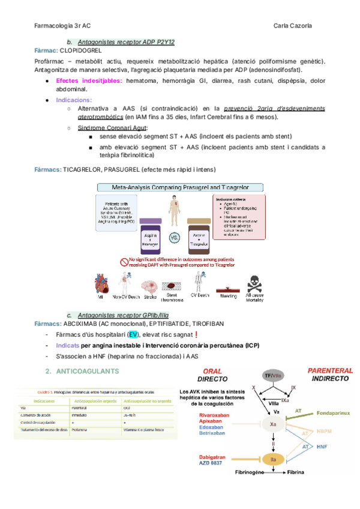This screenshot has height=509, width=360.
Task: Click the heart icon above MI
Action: coord(101,283)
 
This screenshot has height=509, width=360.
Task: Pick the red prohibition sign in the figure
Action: coord(124,262)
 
